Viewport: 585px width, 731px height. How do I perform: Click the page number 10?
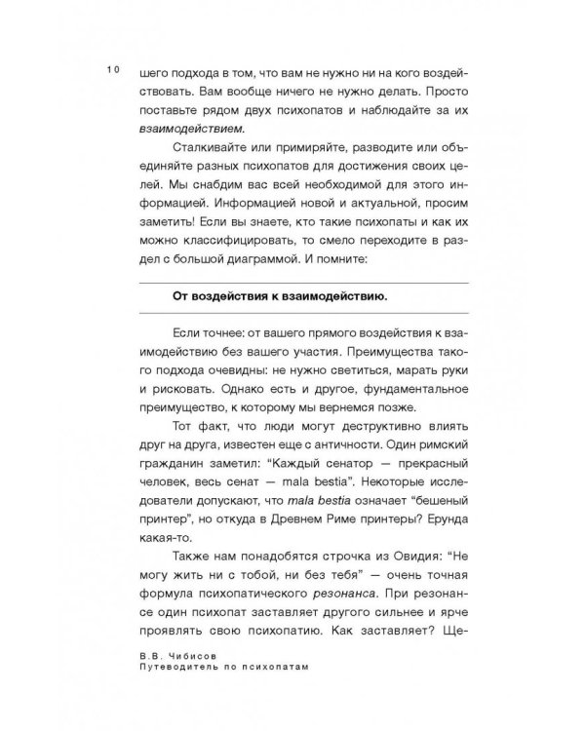click(x=113, y=70)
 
